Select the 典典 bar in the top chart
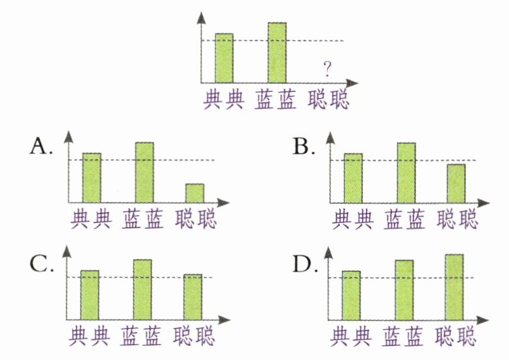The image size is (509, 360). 224,58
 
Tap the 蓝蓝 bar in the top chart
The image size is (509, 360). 277,53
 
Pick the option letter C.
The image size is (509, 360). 40,265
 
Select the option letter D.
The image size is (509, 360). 303,265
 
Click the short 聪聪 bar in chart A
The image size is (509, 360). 195,193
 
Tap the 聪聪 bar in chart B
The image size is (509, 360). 456,183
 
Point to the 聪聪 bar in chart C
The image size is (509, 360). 193,296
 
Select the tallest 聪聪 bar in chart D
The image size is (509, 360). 454,287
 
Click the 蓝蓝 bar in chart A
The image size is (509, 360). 144,172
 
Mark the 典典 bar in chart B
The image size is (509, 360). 353,178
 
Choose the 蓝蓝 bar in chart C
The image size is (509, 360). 142,289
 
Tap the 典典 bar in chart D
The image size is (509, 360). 351,295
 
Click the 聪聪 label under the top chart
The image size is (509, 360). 329,100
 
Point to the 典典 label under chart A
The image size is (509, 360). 91,219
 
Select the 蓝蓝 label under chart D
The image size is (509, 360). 404,336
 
